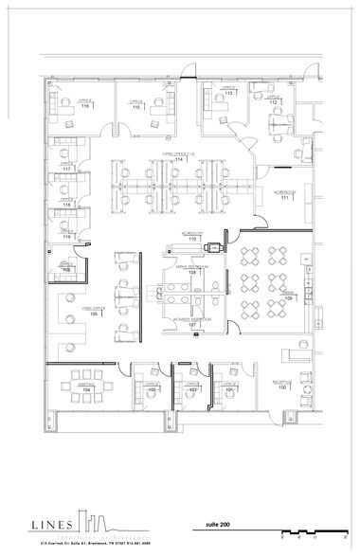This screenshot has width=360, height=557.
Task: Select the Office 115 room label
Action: click(x=136, y=105)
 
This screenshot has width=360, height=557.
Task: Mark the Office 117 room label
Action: click(x=67, y=168)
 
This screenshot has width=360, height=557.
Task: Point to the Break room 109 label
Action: click(x=289, y=296)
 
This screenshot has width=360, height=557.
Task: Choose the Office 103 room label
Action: click(x=151, y=387)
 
